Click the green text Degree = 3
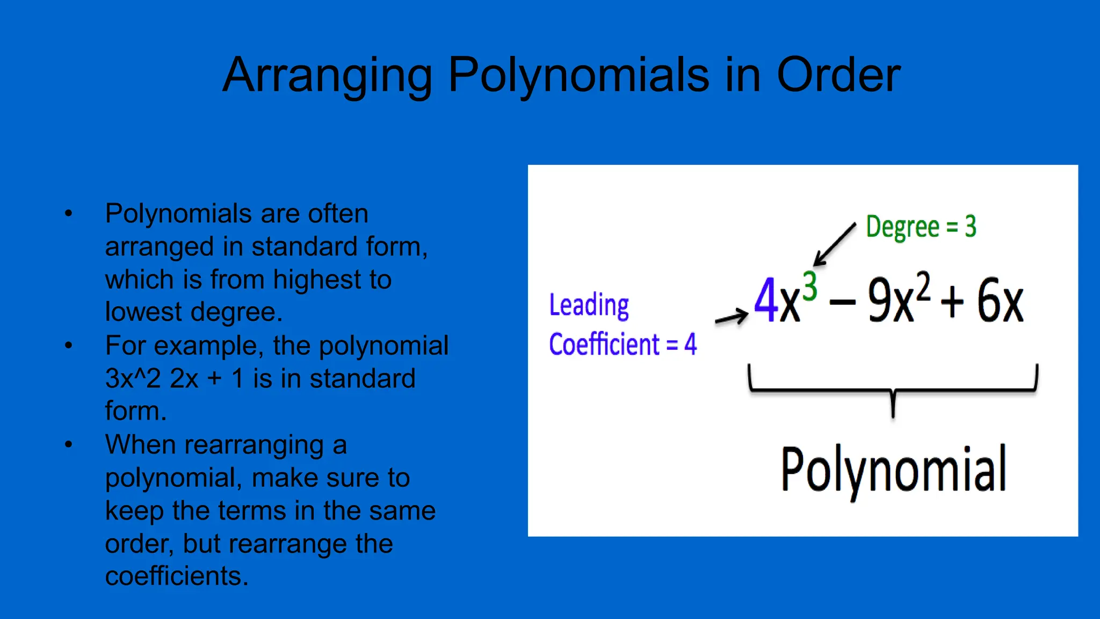click(x=921, y=227)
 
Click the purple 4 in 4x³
click(x=766, y=300)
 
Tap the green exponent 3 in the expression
click(x=809, y=286)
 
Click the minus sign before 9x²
click(x=842, y=302)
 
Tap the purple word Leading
click(x=589, y=305)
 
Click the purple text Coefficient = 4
click(x=623, y=344)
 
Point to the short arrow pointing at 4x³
click(x=731, y=318)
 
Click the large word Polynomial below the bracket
click(x=893, y=470)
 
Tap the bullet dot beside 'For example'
click(x=68, y=345)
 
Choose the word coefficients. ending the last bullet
click(x=177, y=576)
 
